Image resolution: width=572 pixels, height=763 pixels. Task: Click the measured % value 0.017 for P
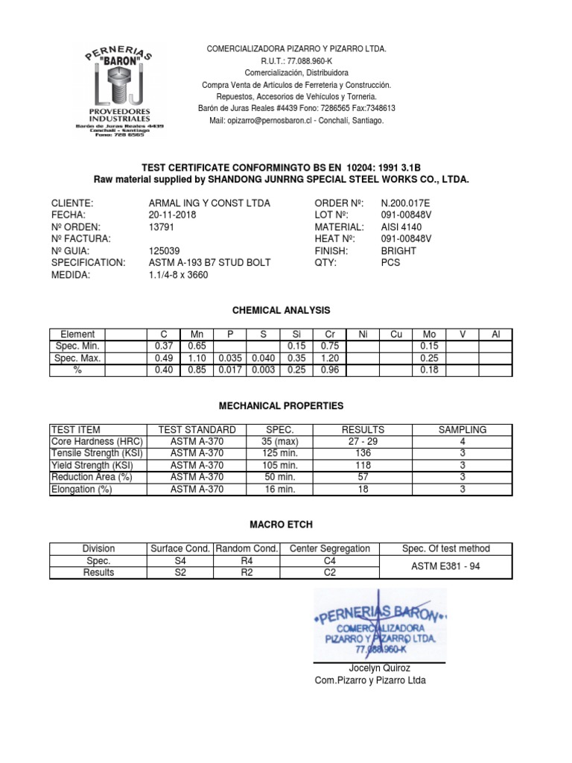[x=227, y=370]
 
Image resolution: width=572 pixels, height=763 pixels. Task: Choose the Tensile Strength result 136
[x=363, y=454]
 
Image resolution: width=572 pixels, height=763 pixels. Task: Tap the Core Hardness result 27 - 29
[x=363, y=442]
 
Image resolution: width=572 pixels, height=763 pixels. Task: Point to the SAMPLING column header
[x=462, y=430]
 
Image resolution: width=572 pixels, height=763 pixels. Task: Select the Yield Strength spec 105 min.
[x=281, y=466]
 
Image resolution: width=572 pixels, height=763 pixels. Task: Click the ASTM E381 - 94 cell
[x=445, y=566]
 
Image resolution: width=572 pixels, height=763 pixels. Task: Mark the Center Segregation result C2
[x=329, y=572]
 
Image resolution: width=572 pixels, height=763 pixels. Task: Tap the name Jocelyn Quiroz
[x=379, y=668]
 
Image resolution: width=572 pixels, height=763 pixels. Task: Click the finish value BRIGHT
[x=398, y=251]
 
